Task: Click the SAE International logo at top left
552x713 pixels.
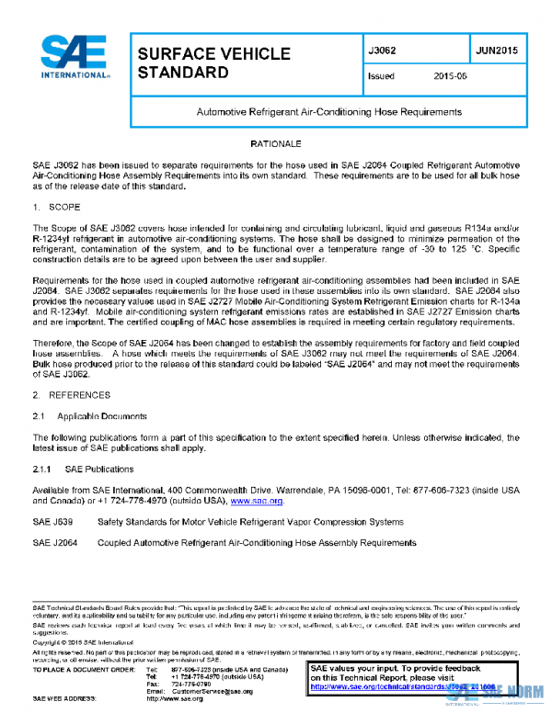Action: pyautogui.click(x=73, y=58)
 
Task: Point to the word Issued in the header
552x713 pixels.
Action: pyautogui.click(x=381, y=76)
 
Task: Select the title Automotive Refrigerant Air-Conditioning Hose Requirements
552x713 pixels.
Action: pyautogui.click(x=329, y=112)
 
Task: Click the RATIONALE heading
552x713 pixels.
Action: pyautogui.click(x=276, y=145)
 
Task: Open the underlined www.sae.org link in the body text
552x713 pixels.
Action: pyautogui.click(x=257, y=502)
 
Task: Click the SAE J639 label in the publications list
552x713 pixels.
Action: pyautogui.click(x=52, y=522)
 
